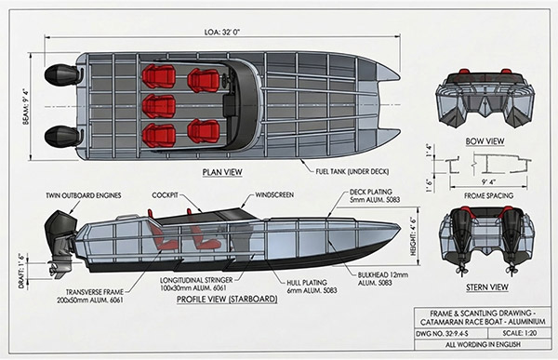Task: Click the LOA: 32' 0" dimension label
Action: pos(222,32)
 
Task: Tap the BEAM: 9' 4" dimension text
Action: pos(26,107)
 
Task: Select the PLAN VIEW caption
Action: pos(222,172)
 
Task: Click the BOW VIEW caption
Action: pos(485,141)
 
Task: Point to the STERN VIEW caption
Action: pos(487,287)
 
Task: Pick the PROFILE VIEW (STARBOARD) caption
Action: pos(227,300)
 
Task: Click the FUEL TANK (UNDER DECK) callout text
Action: pos(352,172)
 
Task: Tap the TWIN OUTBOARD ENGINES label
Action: pos(84,195)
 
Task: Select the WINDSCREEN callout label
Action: pos(274,195)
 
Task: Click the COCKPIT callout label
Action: pos(165,195)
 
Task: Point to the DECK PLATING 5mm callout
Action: pos(375,196)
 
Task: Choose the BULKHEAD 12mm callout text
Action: pos(383,279)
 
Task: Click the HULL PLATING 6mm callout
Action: pos(312,287)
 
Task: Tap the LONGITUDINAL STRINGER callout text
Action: pos(196,284)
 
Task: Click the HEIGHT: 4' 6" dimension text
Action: pos(414,236)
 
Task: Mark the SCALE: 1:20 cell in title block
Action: pos(520,334)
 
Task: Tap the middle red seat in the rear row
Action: pos(159,106)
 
